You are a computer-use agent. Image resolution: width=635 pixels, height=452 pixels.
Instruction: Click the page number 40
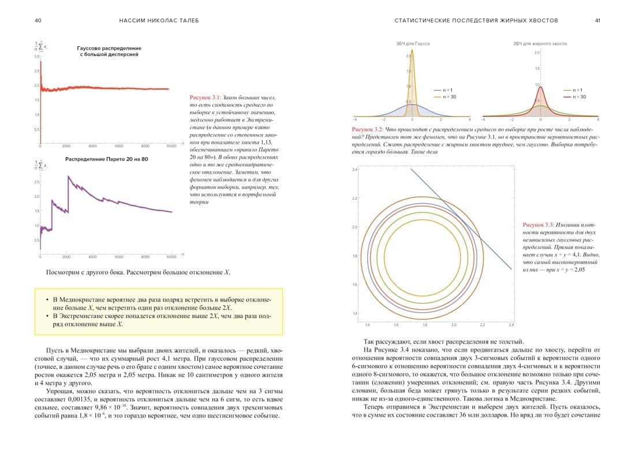(x=38, y=20)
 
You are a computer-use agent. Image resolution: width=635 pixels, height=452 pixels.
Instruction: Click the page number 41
(x=597, y=20)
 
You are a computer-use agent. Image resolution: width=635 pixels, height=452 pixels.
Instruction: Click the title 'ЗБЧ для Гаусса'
(x=413, y=44)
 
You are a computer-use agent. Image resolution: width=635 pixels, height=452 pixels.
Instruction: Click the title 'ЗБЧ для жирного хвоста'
(x=540, y=44)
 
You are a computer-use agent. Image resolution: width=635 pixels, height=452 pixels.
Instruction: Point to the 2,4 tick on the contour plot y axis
(x=355, y=169)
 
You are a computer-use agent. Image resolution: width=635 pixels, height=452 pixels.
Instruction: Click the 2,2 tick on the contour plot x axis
(x=482, y=324)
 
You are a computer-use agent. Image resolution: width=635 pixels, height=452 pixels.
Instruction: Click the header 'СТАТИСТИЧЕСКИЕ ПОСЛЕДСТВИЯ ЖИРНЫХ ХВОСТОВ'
(x=476, y=20)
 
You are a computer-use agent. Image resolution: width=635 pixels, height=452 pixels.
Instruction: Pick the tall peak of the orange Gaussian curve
(x=412, y=51)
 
